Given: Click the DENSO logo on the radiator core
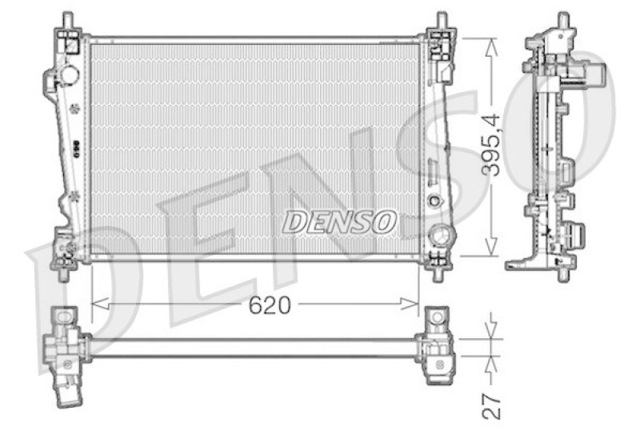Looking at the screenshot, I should tap(340, 220).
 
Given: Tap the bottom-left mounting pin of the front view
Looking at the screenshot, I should tap(64, 272).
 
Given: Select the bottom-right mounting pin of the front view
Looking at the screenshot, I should tap(438, 272).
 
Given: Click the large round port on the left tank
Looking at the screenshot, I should tap(68, 75).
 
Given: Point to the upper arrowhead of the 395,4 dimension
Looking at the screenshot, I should tap(491, 42).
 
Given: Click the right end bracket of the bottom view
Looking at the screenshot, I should tap(438, 344).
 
